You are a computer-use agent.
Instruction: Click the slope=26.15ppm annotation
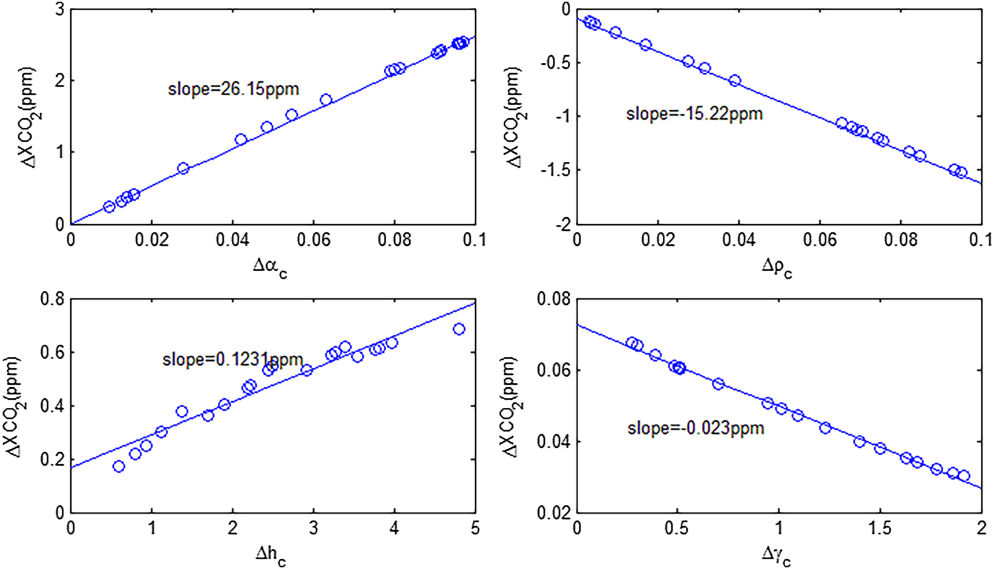(x=233, y=90)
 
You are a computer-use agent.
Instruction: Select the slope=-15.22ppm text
(x=694, y=114)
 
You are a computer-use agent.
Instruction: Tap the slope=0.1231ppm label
(x=232, y=359)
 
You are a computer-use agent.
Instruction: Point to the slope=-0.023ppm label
(x=696, y=428)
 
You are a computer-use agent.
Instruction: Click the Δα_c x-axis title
(x=270, y=267)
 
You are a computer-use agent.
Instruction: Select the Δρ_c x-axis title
(x=777, y=267)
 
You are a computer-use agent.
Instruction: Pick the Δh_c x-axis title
(x=270, y=555)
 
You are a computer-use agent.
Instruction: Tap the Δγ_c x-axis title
(x=777, y=555)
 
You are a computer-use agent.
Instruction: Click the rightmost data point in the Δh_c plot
(x=459, y=329)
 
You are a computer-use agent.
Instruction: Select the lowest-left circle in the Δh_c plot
(x=119, y=466)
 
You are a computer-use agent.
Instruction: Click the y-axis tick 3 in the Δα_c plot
(x=59, y=10)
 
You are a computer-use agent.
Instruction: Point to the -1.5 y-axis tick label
(x=555, y=170)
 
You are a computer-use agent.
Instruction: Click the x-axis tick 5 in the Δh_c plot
(x=475, y=528)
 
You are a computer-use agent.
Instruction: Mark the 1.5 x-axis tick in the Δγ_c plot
(x=880, y=528)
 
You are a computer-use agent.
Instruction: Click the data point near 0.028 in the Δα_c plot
(x=183, y=168)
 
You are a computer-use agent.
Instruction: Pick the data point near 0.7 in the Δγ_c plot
(x=718, y=384)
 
